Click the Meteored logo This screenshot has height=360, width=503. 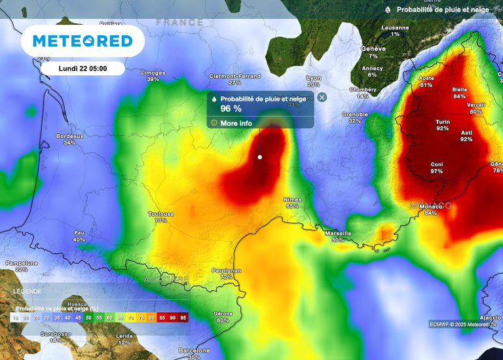click(x=83, y=41)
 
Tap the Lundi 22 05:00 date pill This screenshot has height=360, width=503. click(x=83, y=68)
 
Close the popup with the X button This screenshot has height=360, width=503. click(x=322, y=97)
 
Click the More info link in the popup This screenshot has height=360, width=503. click(x=236, y=123)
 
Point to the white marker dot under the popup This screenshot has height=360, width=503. click(x=260, y=157)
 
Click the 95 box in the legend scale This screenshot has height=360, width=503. click(x=183, y=317)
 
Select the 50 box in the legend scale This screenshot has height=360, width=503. click(x=88, y=317)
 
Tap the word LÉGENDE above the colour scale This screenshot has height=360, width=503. click(x=27, y=291)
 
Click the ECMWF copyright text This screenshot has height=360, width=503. click(x=462, y=324)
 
